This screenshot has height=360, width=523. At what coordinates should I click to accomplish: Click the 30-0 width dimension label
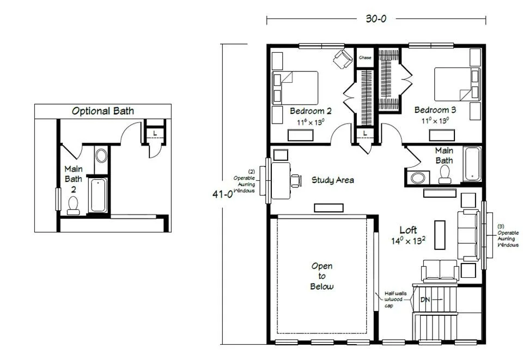pyautogui.click(x=376, y=19)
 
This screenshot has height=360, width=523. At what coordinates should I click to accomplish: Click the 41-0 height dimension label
pyautogui.click(x=222, y=194)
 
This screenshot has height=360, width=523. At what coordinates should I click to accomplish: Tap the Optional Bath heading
pyautogui.click(x=103, y=111)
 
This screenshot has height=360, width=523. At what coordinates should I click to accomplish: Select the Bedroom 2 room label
pyautogui.click(x=311, y=111)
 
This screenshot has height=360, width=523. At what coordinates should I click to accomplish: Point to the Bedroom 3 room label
pyautogui.click(x=435, y=109)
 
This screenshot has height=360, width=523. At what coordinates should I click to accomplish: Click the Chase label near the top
pyautogui.click(x=365, y=58)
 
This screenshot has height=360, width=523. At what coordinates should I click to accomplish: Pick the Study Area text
pyautogui.click(x=332, y=180)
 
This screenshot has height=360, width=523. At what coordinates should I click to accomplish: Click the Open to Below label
pyautogui.click(x=322, y=276)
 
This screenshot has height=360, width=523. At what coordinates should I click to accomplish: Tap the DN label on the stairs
pyautogui.click(x=425, y=300)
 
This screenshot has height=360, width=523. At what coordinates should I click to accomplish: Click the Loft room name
pyautogui.click(x=408, y=230)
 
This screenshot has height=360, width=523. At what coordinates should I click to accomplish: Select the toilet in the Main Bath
pyautogui.click(x=445, y=174)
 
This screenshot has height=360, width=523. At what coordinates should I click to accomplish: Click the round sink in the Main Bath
pyautogui.click(x=418, y=178)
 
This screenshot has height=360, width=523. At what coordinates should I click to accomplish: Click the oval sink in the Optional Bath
pyautogui.click(x=101, y=156)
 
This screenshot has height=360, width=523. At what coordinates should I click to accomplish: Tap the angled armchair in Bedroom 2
pyautogui.click(x=343, y=59)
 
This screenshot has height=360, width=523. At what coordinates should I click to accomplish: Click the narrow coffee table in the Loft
pyautogui.click(x=440, y=235)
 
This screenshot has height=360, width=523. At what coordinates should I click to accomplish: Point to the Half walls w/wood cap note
pyautogui.click(x=396, y=300)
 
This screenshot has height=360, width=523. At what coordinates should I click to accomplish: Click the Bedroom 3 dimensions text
pyautogui.click(x=435, y=120)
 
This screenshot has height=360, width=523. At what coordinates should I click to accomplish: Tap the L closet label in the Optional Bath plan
pyautogui.click(x=155, y=133)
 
